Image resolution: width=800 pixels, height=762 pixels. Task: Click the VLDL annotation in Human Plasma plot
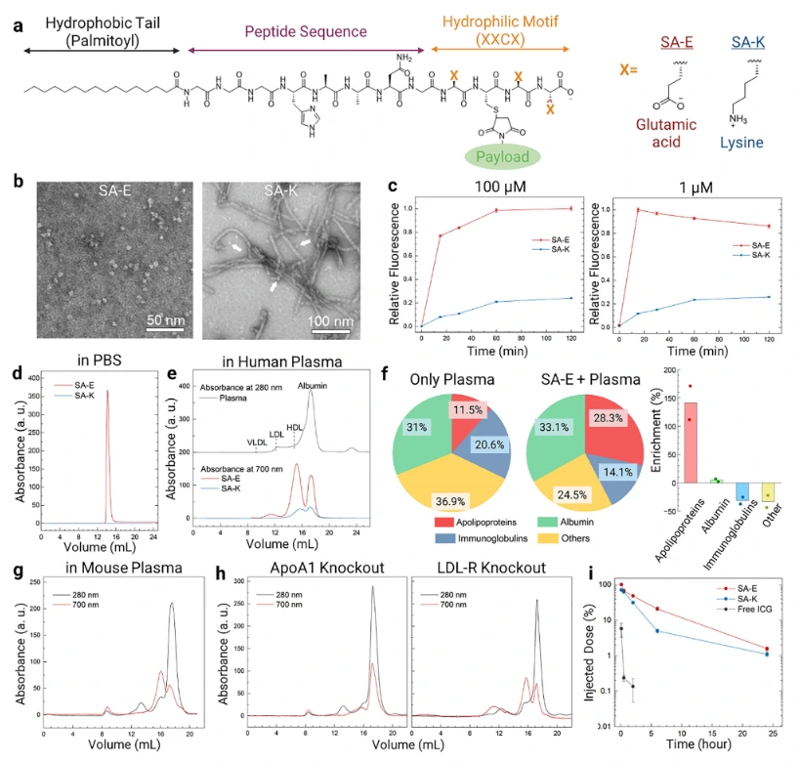258,442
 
